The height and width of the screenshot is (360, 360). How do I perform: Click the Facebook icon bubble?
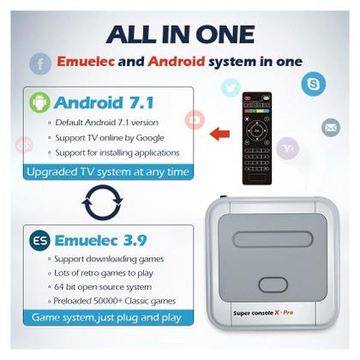point(40,64)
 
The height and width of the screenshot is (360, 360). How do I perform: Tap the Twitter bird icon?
point(231,87)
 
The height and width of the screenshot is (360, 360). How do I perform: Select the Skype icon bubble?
point(314,84)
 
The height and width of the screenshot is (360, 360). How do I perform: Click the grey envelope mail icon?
point(331,128)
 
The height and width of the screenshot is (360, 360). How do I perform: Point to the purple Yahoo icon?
point(287,148)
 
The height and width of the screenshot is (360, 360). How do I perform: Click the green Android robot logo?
point(39,102)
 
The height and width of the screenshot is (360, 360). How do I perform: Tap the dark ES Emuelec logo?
point(39,240)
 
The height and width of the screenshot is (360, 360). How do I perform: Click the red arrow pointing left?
point(219,134)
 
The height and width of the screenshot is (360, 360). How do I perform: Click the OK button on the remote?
point(257,131)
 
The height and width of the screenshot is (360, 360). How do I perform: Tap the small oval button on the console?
point(273,285)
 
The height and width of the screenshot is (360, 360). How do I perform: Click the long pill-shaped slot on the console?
point(273,239)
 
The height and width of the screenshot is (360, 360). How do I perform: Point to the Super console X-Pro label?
point(263,313)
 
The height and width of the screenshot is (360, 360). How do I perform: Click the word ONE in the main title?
point(225,34)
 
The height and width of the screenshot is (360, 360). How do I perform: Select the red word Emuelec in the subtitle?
point(86,62)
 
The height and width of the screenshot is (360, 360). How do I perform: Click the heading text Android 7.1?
point(104,103)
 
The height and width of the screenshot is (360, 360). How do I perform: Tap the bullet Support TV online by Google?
point(110,138)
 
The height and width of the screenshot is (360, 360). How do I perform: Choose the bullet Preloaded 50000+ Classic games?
point(115,301)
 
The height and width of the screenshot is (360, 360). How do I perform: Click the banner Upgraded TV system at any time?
point(108,172)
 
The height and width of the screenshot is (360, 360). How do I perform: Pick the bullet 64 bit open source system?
point(103,287)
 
